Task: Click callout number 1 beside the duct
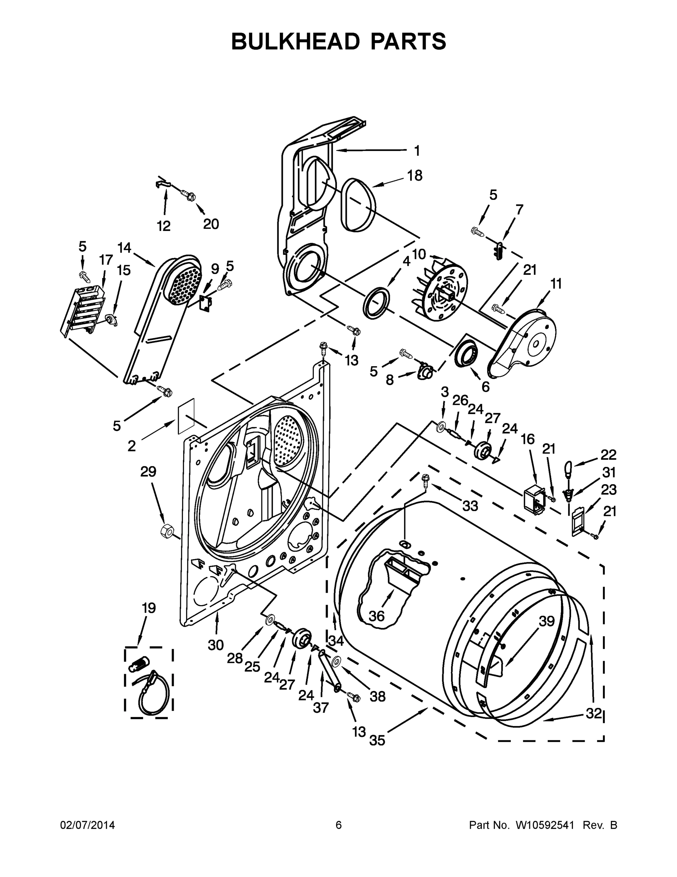[417, 151]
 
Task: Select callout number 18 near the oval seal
[415, 176]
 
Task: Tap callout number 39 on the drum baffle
[546, 621]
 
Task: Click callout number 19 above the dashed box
[149, 608]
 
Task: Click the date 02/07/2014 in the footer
[88, 825]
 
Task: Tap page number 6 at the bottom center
[339, 825]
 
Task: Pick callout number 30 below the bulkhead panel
[215, 645]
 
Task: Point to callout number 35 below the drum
[377, 740]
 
